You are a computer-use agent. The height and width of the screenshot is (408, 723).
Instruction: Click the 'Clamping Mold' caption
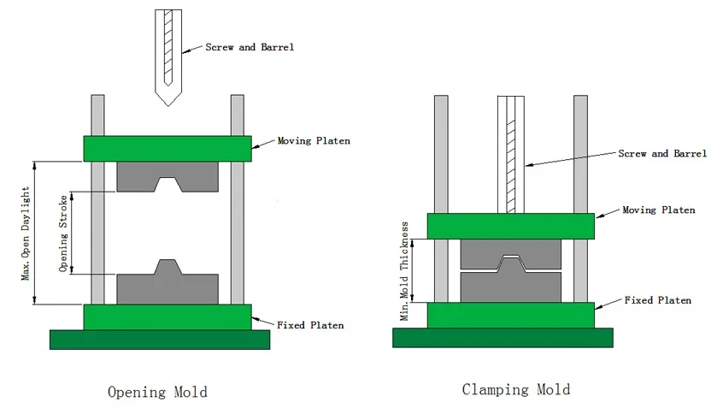tap(515, 389)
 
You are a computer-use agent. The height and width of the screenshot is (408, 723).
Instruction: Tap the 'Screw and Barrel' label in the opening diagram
tap(250, 46)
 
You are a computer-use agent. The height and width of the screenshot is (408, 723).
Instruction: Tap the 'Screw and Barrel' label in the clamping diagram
tap(662, 154)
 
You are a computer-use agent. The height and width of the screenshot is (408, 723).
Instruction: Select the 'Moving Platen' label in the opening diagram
tap(313, 141)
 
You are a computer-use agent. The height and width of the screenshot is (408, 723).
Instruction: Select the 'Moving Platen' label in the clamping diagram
tap(658, 210)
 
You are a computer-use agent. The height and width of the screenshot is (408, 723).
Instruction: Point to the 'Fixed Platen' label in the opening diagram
tap(310, 325)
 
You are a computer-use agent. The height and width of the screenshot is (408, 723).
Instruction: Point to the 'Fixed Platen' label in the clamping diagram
tap(657, 301)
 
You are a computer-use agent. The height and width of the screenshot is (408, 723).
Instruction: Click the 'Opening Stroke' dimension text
tap(63, 233)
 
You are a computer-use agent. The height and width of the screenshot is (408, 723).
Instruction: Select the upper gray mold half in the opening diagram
tap(167, 177)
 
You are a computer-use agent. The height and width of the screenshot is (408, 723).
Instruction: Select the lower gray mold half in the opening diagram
tap(167, 286)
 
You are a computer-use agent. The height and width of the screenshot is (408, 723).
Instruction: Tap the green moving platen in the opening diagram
tap(167, 148)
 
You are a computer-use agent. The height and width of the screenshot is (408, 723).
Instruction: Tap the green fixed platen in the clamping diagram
tap(510, 315)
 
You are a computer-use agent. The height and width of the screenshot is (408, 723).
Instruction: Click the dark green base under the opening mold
tap(160, 340)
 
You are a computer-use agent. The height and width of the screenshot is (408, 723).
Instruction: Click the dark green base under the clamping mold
tap(503, 338)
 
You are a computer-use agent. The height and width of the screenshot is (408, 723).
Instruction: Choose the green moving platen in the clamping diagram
tap(510, 226)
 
